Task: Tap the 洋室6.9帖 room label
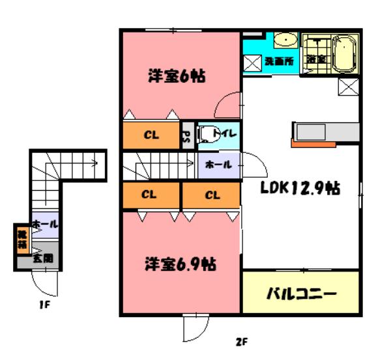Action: [180, 266]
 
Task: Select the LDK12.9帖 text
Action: [300, 189]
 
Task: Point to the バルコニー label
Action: [301, 294]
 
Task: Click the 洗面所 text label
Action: [278, 61]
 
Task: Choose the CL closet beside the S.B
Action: [151, 135]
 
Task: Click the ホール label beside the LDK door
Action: [218, 165]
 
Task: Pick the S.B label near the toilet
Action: [186, 135]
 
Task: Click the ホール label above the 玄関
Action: [44, 223]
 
